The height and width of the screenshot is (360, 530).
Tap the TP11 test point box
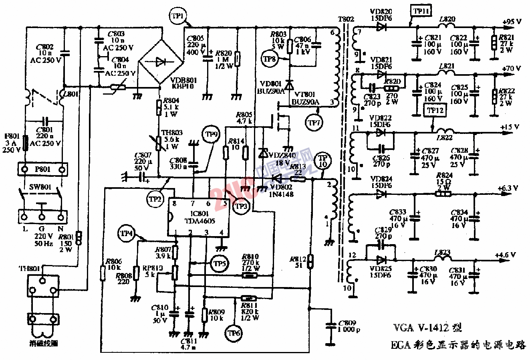click(421, 11)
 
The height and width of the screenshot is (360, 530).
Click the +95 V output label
click(512, 22)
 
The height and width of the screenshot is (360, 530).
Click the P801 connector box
click(42, 170)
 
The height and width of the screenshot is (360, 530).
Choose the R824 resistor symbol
click(443, 194)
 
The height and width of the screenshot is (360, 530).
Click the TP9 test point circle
click(211, 135)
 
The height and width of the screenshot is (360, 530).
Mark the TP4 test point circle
click(127, 233)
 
